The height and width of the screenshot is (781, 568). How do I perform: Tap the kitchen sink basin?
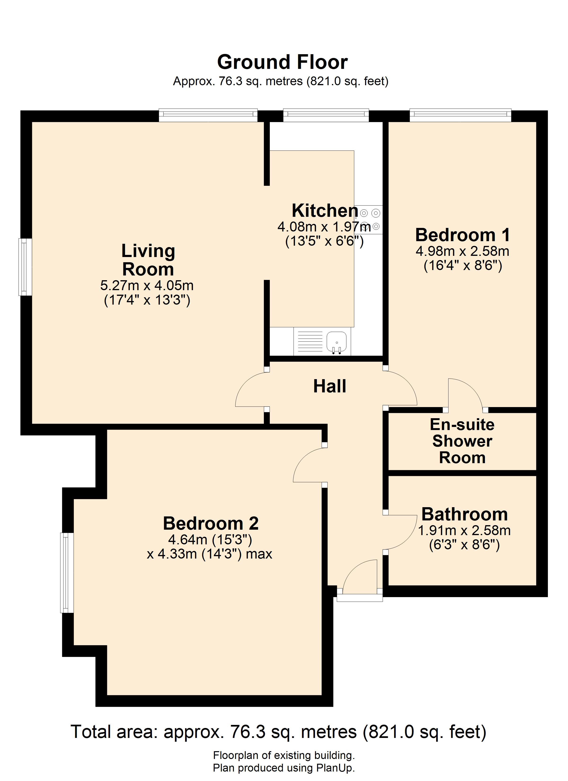pyautogui.click(x=337, y=341)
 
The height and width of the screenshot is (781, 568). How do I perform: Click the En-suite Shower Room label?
pyautogui.click(x=462, y=441)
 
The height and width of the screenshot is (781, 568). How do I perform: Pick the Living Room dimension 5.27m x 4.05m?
pyautogui.click(x=147, y=285)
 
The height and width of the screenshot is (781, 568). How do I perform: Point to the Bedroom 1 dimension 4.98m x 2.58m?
pyautogui.click(x=463, y=251)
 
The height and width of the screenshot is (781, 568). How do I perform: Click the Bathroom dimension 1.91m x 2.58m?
pyautogui.click(x=464, y=530)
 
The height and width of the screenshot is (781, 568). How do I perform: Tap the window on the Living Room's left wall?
pyautogui.click(x=25, y=267)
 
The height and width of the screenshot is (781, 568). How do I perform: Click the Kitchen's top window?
pyautogui.click(x=326, y=115)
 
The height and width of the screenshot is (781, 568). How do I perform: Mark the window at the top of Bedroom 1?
pyautogui.click(x=460, y=115)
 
